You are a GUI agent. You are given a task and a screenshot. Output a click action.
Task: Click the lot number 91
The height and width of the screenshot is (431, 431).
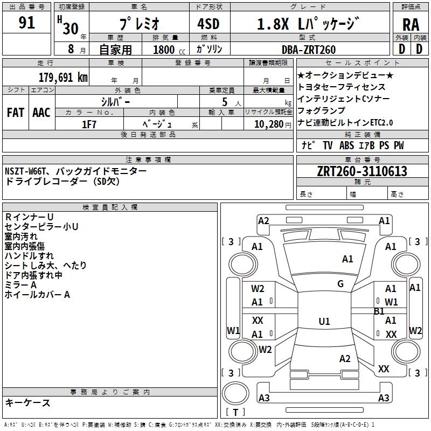point(26,23)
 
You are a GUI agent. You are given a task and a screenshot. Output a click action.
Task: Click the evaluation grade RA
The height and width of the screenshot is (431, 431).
point(411,25)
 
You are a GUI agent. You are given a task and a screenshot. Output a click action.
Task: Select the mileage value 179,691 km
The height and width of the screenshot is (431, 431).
point(63,77)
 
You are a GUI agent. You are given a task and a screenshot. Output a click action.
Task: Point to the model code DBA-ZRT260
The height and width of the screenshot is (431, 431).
point(308,50)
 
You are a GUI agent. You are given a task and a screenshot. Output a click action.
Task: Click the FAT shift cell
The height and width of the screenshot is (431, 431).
point(15,113)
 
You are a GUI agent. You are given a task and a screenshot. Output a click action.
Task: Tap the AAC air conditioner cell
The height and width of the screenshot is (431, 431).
point(41,113)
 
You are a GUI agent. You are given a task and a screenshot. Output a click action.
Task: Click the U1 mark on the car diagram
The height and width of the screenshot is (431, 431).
point(324,322)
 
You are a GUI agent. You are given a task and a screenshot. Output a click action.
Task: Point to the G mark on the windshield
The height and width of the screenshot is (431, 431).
point(340,284)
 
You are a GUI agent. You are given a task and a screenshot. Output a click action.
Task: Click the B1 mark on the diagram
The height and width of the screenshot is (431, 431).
point(379,311)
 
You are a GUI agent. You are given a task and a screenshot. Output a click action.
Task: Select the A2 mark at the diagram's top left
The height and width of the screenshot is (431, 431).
point(263,220)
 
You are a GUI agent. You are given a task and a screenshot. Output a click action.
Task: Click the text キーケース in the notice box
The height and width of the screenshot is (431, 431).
point(27,403)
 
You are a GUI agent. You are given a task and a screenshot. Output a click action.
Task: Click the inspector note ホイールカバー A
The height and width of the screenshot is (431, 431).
point(37,295)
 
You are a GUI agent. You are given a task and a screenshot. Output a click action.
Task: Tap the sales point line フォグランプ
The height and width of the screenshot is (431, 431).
point(321,110)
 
